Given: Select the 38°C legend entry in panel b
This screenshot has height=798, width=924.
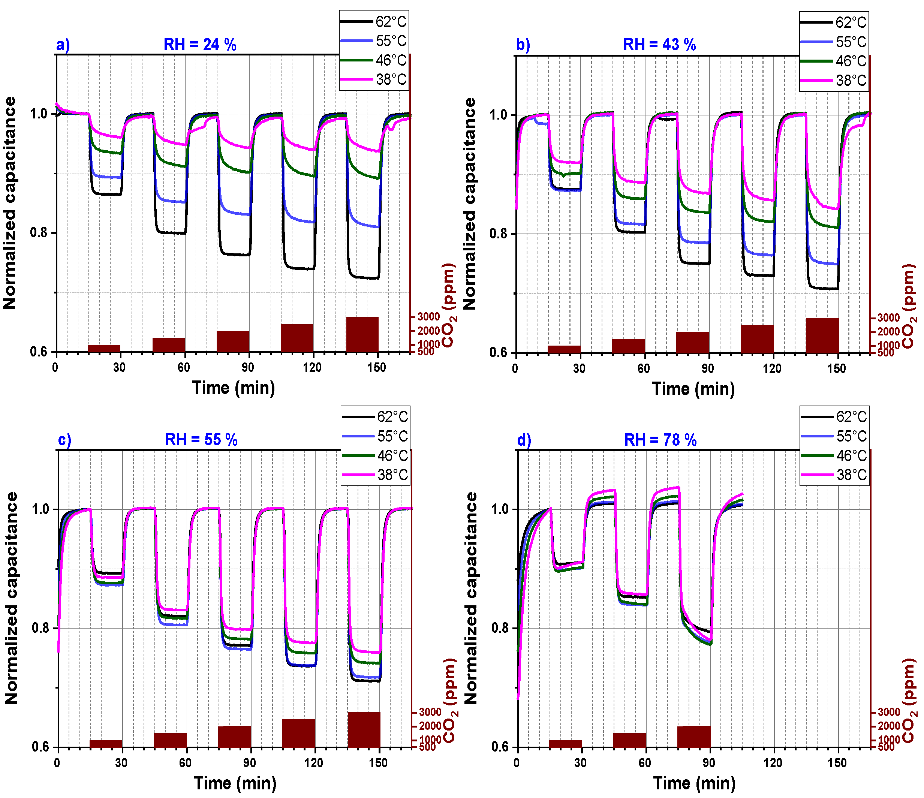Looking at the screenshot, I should [x=834, y=81].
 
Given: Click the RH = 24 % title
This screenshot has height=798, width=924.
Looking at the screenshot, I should [x=200, y=45].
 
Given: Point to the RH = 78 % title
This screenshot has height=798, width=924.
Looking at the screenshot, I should [x=660, y=440].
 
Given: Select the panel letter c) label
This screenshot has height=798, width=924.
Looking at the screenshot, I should [x=65, y=440].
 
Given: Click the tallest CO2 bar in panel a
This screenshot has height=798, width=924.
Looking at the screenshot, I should [x=362, y=334].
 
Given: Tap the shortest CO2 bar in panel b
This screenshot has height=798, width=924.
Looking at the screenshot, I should [x=564, y=349].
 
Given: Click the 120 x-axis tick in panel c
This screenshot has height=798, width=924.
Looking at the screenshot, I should [x=314, y=763].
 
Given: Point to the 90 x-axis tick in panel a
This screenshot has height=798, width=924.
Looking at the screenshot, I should [x=248, y=367].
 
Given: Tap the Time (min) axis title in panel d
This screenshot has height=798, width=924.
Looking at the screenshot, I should [x=694, y=783].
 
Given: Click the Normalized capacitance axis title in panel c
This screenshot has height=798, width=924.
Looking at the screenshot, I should [x=11, y=598].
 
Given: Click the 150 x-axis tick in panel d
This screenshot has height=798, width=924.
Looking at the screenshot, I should [x=837, y=763].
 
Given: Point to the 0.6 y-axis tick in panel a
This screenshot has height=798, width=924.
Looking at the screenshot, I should [x=39, y=351].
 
